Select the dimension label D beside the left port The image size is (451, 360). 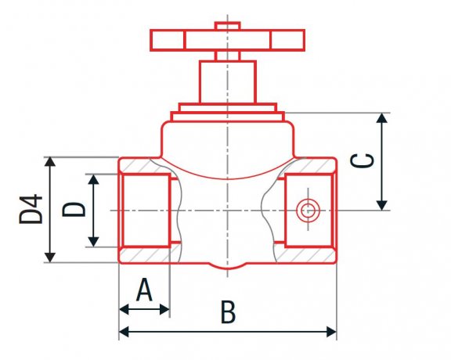pos(74,210)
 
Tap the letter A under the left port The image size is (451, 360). pos(144,290)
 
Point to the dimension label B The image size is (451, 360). pos(228,313)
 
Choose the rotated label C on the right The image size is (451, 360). pos(362,160)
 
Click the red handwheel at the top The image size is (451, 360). pos(227,39)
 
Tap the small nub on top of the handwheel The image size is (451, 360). pos(227,27)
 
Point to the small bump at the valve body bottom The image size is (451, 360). pos(227,268)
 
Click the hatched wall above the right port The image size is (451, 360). pos(313,166)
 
